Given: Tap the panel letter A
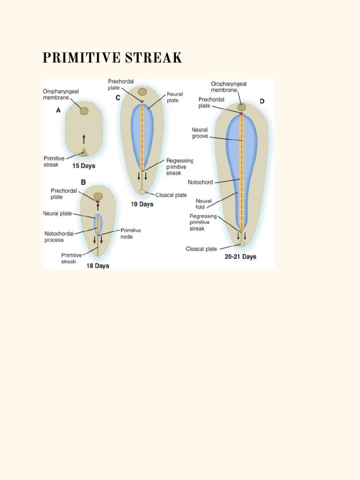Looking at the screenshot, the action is point(59,111).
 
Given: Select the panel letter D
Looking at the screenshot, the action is point(262,101).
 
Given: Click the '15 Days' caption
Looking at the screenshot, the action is point(84,166).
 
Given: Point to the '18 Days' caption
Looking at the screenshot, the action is point(97,266).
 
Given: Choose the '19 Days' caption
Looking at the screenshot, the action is point(142,204).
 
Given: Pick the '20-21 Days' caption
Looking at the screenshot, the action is point(240,257).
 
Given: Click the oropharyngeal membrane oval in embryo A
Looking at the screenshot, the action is point(84,111).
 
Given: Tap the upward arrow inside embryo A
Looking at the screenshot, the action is point(84,139).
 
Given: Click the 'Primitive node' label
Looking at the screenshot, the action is point(130,233).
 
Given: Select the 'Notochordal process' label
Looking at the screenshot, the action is point(59,237).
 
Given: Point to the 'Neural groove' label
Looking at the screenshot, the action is point(200,133).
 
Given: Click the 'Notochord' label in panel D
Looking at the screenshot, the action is point(200,182).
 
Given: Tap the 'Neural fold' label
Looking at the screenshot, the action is point(204,203).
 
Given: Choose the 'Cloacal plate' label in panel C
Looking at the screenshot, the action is point(171,195).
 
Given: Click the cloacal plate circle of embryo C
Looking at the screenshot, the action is point(142,192).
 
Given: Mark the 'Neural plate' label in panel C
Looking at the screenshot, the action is point(175,97).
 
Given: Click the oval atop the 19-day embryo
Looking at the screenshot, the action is point(142,92).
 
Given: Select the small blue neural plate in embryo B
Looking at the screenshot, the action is point(97,224).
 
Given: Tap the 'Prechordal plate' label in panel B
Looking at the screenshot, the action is point(64,194).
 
